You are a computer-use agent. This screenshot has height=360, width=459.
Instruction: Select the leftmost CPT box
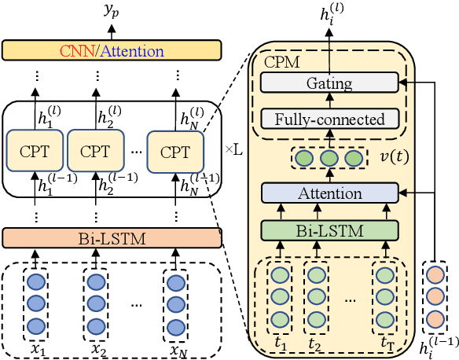tap(32, 151)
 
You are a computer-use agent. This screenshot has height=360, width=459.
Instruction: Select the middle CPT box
tap(94, 151)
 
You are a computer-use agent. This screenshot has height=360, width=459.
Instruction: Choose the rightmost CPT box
tap(175, 151)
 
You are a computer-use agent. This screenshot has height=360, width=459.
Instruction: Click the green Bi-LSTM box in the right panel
tap(329, 230)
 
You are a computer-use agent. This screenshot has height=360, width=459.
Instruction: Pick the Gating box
tap(329, 83)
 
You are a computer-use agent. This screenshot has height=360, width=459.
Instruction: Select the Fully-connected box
tap(329, 119)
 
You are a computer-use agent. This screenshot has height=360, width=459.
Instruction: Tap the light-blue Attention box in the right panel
tap(329, 193)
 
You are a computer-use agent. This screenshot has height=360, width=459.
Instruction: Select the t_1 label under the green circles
tap(279, 343)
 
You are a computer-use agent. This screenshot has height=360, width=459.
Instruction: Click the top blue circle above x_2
tap(96, 281)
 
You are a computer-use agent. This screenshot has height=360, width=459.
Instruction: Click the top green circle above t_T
tap(384, 277)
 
